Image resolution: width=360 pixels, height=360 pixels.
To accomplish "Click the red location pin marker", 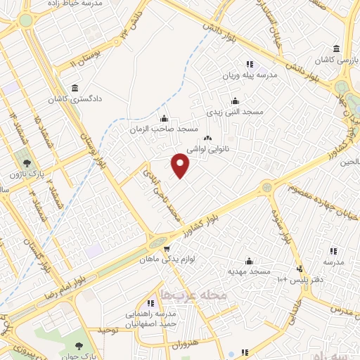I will tap(181, 165).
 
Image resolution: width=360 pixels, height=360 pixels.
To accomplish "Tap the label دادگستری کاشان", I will tap(73, 100).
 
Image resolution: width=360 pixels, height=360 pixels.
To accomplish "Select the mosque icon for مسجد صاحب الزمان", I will tap(164, 118).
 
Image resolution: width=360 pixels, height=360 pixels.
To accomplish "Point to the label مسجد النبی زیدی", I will tap(235, 111).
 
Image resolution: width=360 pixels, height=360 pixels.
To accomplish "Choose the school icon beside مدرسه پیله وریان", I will tap(248, 64).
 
